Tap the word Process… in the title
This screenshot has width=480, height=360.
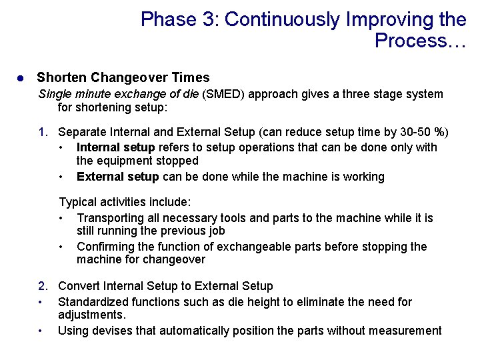coord(420,41)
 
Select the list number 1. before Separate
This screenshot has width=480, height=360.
coord(43,131)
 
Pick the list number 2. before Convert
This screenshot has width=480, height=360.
coord(43,286)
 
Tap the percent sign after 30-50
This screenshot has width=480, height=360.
coord(439,131)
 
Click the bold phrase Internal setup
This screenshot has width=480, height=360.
coord(115,147)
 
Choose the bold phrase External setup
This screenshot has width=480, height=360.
coord(117,177)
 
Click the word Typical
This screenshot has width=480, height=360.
coord(79,202)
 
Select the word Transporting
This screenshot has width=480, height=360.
coord(109,218)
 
